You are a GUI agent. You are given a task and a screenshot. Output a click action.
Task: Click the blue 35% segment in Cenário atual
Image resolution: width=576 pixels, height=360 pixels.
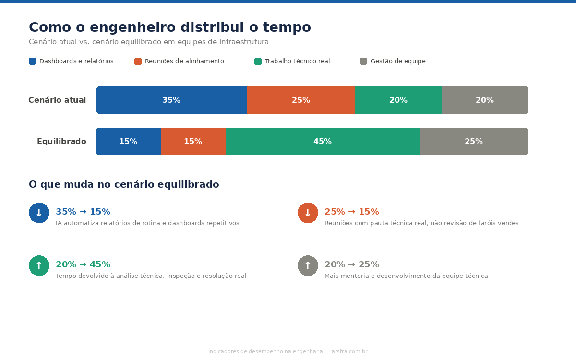click(x=171, y=100)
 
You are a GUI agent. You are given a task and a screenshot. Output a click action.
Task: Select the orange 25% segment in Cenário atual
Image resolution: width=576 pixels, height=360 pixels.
click(x=301, y=100)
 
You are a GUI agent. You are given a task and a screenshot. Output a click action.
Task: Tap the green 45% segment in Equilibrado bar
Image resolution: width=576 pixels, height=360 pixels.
click(x=323, y=142)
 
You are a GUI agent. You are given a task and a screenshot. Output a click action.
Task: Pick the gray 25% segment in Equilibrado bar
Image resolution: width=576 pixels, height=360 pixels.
click(x=474, y=142)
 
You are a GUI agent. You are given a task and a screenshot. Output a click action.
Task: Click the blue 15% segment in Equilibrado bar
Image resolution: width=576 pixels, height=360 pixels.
click(x=128, y=142)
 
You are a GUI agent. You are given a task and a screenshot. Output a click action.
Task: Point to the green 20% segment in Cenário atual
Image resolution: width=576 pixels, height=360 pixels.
click(x=398, y=100)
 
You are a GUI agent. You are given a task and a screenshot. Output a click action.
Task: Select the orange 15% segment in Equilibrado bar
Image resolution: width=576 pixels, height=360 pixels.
click(x=193, y=142)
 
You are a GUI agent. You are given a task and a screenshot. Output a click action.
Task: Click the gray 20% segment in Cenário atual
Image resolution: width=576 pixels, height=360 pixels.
click(x=485, y=100)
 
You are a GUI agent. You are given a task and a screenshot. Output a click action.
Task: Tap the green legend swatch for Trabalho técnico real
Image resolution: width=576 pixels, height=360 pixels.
click(x=258, y=61)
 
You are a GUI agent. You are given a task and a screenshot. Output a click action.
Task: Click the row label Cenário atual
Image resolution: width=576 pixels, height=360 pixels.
click(x=57, y=100)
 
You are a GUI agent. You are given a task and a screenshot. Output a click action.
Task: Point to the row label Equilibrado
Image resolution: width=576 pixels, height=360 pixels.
click(x=61, y=142)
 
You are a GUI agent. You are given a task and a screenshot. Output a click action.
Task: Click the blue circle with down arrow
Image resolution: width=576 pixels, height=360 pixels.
click(x=39, y=213)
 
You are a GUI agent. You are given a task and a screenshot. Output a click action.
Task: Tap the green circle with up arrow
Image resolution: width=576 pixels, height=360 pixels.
click(x=39, y=265)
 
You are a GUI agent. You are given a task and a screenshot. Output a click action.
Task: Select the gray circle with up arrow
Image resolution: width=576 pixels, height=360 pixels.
click(x=308, y=265)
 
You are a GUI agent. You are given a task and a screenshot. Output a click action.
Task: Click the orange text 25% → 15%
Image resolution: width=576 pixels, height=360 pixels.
click(x=351, y=212)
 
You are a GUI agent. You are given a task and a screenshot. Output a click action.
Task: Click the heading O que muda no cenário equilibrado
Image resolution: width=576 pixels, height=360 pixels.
click(x=124, y=185)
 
